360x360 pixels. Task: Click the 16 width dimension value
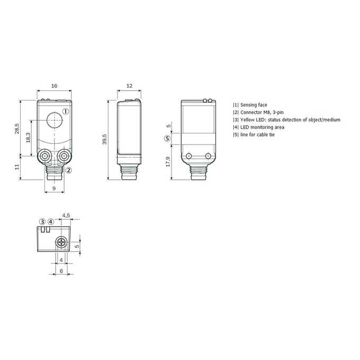click(54, 86)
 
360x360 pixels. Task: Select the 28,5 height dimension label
click(17, 129)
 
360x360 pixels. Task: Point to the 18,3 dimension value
click(28, 137)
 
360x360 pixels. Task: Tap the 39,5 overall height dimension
click(104, 139)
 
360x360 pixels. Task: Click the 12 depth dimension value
click(130, 86)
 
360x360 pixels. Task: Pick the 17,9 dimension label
click(168, 161)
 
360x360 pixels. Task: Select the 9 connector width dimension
click(54, 188)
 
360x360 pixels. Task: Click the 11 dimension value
click(17, 167)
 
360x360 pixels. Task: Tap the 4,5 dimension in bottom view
click(66, 215)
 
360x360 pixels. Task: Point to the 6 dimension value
click(61, 271)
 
